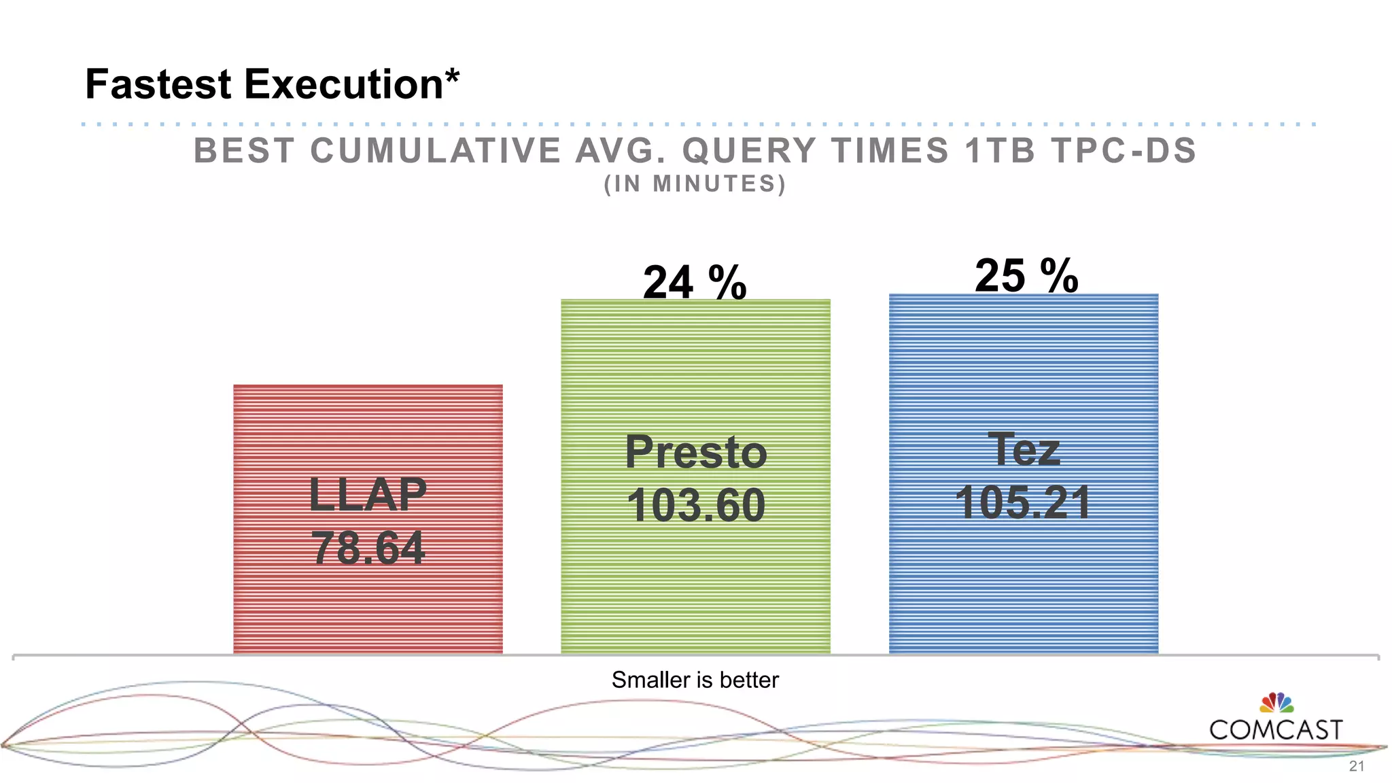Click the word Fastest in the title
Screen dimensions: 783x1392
pyautogui.click(x=158, y=84)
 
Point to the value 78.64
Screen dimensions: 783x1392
pyautogui.click(x=368, y=548)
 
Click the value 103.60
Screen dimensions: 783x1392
pyautogui.click(x=695, y=505)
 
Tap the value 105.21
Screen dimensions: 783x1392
pyautogui.click(x=1023, y=502)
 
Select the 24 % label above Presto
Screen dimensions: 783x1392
pyautogui.click(x=695, y=282)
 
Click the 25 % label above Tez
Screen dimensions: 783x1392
pyautogui.click(x=1026, y=276)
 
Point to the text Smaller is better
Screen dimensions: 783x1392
pyautogui.click(x=695, y=680)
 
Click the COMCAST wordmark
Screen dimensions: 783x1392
pyautogui.click(x=1276, y=730)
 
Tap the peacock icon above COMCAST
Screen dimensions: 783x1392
pyautogui.click(x=1276, y=703)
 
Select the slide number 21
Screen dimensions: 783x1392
pyautogui.click(x=1356, y=767)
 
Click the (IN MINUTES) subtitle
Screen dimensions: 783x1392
pyautogui.click(x=695, y=184)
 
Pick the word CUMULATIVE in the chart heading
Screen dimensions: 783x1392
pyautogui.click(x=436, y=151)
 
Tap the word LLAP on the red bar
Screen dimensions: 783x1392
pyautogui.click(x=368, y=494)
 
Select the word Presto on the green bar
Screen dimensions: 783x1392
pyautogui.click(x=695, y=452)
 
